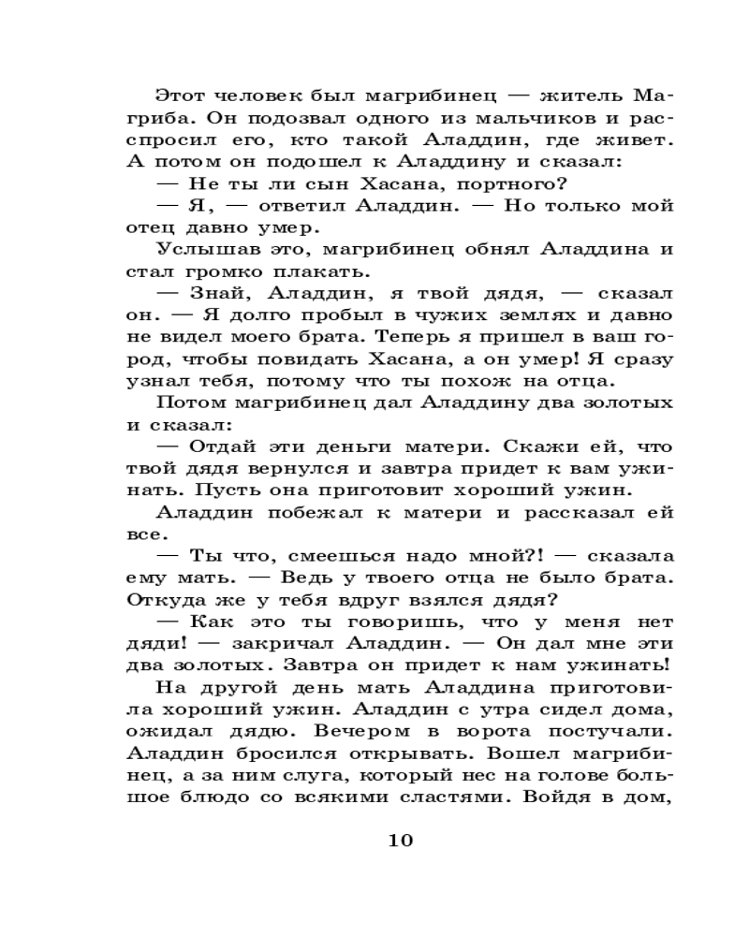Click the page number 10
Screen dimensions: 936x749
point(400,839)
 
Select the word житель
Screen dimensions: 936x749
point(564,96)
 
